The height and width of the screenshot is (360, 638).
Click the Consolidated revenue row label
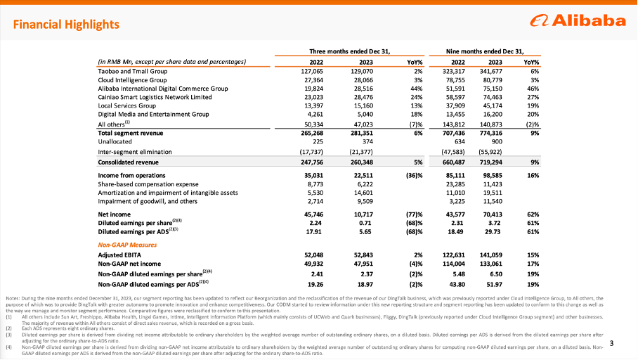129,162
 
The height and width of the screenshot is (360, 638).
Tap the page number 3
611,343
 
